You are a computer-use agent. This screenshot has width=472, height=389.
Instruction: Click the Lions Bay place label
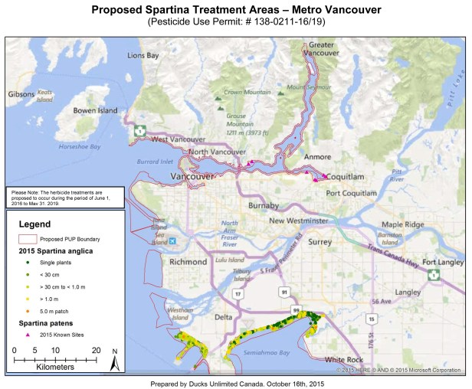point(143,56)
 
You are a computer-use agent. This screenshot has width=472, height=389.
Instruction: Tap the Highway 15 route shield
point(372,318)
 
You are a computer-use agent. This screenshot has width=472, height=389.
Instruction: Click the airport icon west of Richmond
point(172,240)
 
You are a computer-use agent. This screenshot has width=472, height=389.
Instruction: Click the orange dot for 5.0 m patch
point(28,310)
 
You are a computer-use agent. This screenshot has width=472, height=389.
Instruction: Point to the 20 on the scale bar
point(95,350)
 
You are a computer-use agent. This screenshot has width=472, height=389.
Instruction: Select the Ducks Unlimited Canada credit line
point(235,381)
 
